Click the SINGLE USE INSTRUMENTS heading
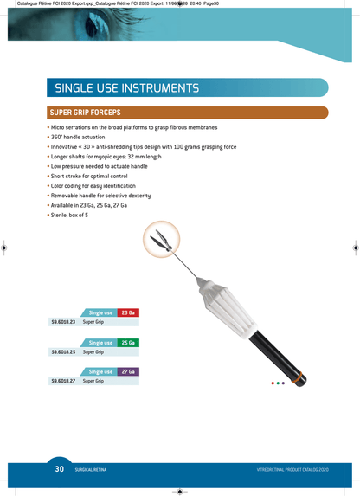click(x=127, y=88)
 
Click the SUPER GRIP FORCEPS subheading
click(x=85, y=113)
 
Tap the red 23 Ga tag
click(x=128, y=312)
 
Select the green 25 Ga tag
click(x=128, y=343)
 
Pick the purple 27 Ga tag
click(x=128, y=371)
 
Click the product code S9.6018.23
click(x=63, y=322)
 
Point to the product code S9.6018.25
click(x=63, y=351)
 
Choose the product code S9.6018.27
click(x=63, y=381)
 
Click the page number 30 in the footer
click(x=60, y=469)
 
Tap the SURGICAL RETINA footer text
click(x=91, y=470)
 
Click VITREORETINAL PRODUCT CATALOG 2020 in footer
click(x=292, y=470)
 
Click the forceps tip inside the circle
click(x=161, y=240)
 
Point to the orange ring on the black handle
click(x=298, y=377)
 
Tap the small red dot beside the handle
click(x=273, y=383)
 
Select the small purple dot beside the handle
click(x=283, y=383)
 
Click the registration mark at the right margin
click(x=356, y=248)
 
